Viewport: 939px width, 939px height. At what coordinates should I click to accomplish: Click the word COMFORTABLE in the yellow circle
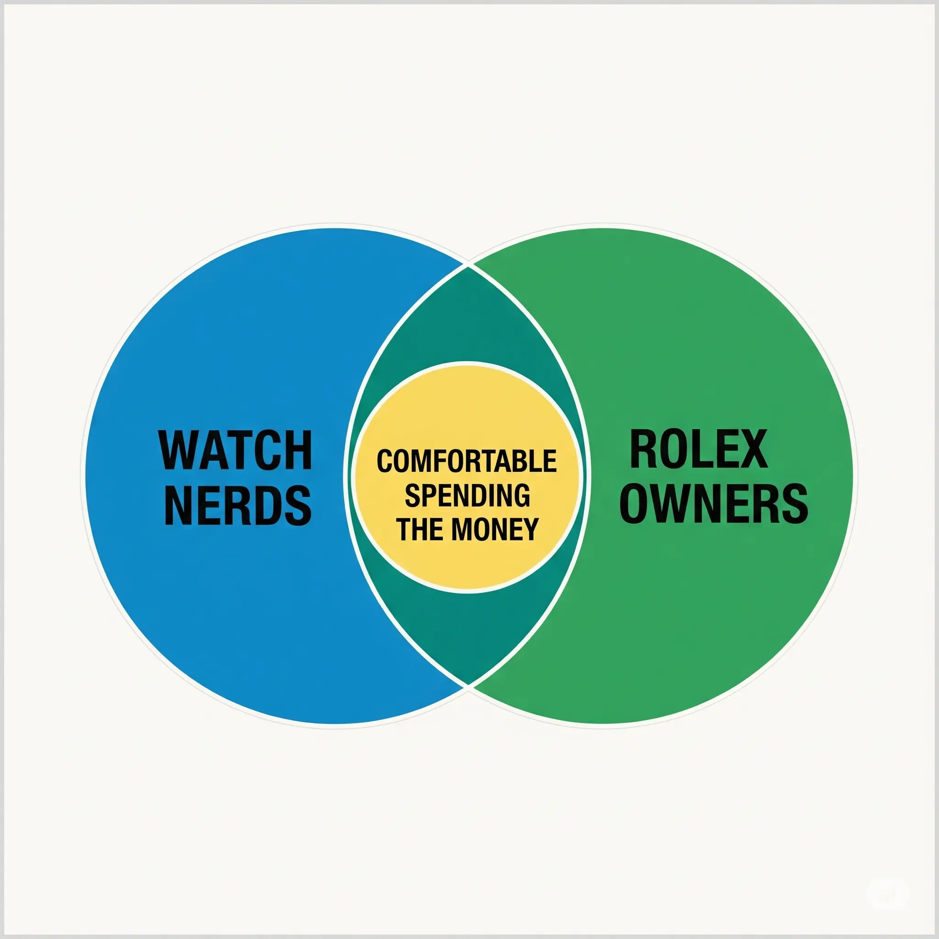[x=467, y=461]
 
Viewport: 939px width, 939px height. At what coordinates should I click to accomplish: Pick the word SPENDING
[x=467, y=495]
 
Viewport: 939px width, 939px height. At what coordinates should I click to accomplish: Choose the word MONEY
[x=495, y=529]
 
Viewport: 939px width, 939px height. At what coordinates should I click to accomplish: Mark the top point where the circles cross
[x=468, y=266]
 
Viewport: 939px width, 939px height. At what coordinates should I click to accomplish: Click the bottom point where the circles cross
[x=468, y=685]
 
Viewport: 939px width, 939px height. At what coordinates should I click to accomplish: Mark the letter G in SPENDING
[x=519, y=495]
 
